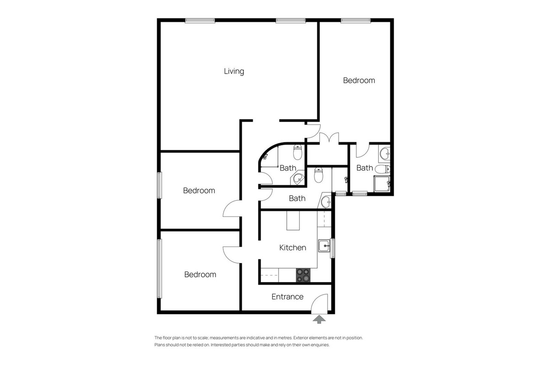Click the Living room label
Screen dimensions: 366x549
coord(234,71)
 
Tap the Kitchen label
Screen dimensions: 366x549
coord(293,248)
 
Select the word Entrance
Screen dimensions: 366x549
coord(287,296)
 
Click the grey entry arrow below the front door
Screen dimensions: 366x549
coord(319,318)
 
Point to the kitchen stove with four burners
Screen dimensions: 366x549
coord(303,275)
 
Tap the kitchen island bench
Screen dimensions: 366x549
coord(292,221)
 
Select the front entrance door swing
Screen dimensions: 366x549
coord(321,303)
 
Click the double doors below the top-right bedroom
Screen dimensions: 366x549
coord(328,138)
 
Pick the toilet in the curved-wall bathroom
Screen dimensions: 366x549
coord(298,150)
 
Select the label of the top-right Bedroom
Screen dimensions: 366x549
coord(359,81)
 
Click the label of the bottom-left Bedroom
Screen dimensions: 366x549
coord(200,274)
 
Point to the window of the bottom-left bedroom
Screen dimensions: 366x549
coord(159,269)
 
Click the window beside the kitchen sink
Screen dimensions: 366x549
coord(333,248)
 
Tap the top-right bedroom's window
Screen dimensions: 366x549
coord(355,20)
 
